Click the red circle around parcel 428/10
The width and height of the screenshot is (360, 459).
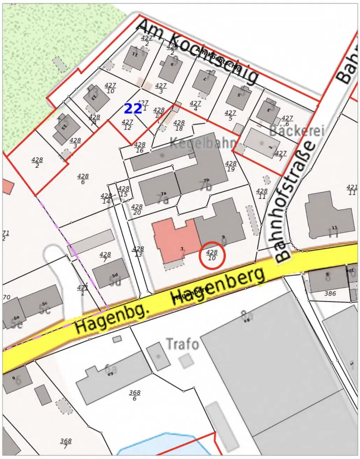tap(212, 256)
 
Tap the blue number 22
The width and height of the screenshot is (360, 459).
tap(133, 109)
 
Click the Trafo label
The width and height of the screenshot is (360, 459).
tap(182, 344)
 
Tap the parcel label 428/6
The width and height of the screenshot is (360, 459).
tap(83, 179)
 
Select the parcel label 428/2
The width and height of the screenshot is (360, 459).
tap(37, 162)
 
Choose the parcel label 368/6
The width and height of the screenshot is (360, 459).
tap(135, 395)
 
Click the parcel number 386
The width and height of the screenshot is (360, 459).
tap(330, 294)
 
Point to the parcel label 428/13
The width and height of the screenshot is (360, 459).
tap(138, 252)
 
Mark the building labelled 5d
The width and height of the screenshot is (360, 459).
tap(111, 273)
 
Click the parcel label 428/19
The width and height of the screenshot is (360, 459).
tap(231, 166)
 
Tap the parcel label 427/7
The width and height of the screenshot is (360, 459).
tap(281, 156)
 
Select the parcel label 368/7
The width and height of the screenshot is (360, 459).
tap(66, 444)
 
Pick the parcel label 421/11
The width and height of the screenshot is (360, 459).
tap(352, 190)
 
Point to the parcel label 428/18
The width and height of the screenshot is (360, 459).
tap(179, 125)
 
